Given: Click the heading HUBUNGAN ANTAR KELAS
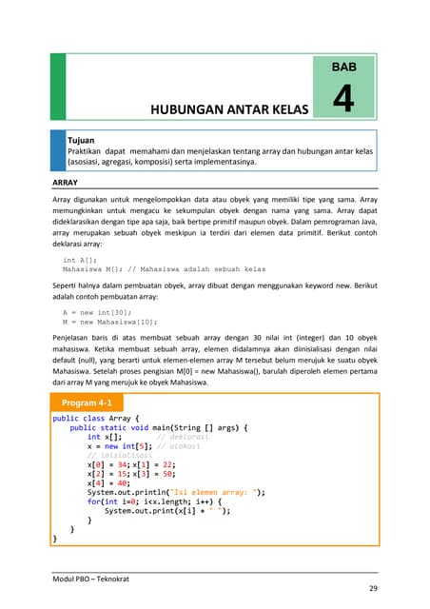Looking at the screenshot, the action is point(225,110).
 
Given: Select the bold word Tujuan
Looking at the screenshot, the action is point(82,140).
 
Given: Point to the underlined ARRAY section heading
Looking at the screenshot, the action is point(66,179).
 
